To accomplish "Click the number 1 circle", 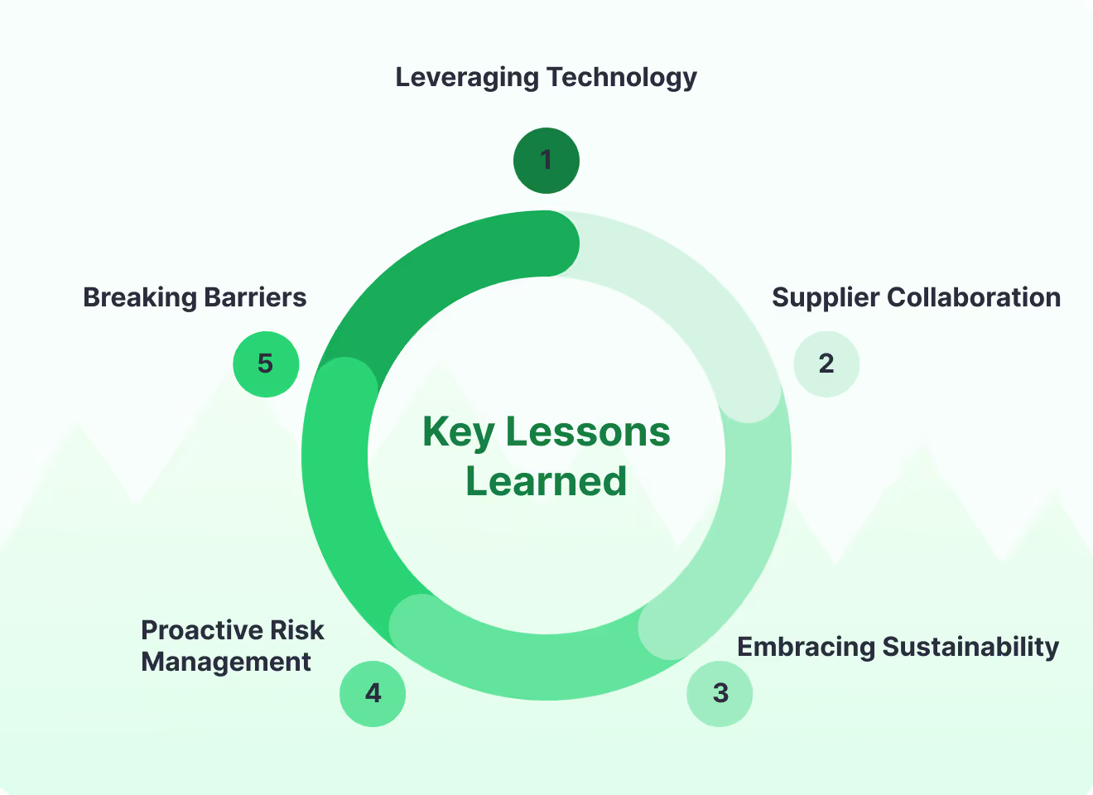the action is pos(546,160).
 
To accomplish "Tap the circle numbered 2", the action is pos(826,364).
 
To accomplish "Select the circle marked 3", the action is pos(720,693).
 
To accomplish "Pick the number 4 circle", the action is pos(373,693).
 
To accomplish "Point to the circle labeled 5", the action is pos(265,364).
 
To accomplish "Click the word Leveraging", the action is pos(467,78).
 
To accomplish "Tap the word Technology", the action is pos(622,78).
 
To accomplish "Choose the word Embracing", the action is pos(806,647).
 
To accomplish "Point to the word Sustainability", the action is pos(970,647).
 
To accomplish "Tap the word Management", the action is pos(226,662).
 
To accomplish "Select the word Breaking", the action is pos(139,297).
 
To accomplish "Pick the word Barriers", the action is pos(255,297).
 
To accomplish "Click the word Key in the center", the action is pos(458,432).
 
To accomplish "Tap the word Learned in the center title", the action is pos(546,481).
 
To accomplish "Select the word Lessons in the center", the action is pos(588,432).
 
